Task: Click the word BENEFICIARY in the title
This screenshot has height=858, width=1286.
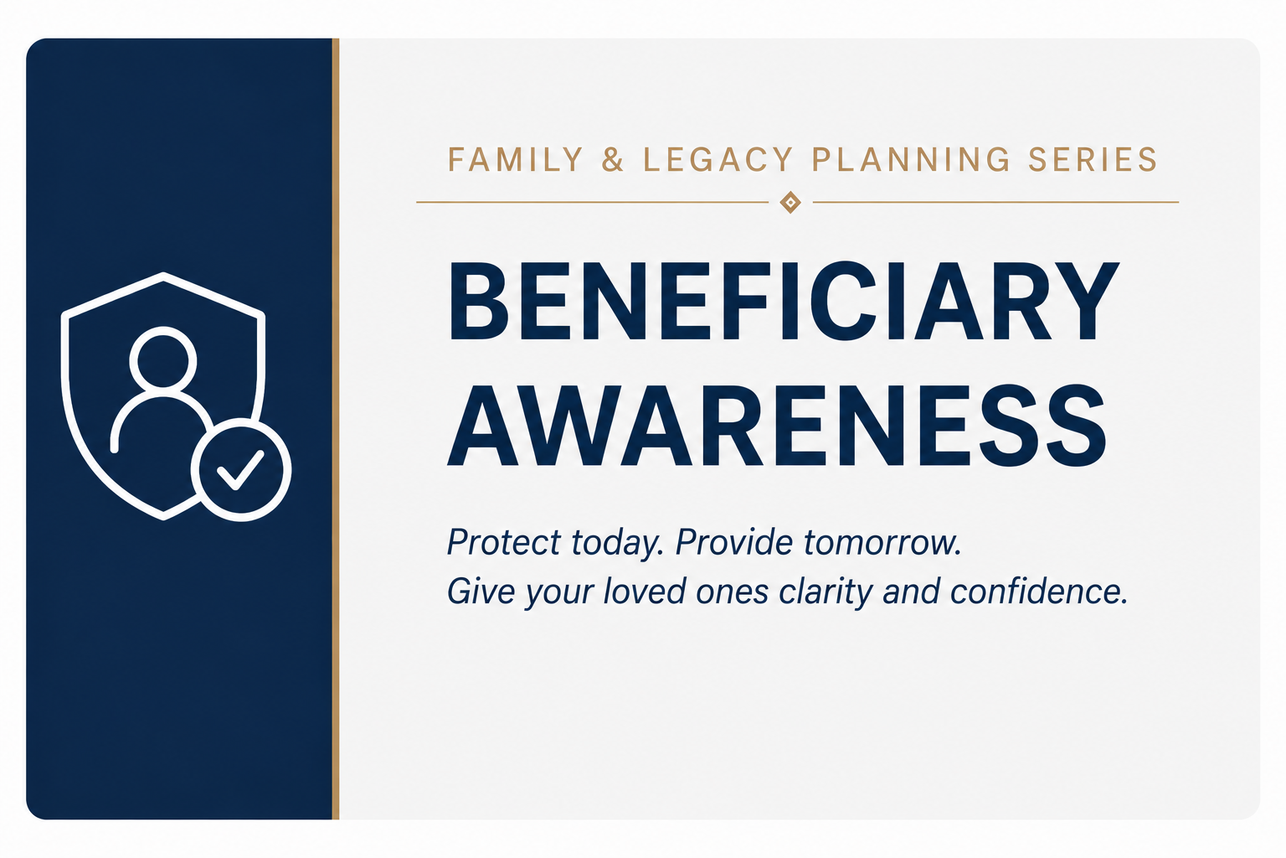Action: [x=784, y=302]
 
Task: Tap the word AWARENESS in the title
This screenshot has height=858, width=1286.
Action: [x=777, y=426]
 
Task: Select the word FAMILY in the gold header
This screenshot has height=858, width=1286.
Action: [x=516, y=160]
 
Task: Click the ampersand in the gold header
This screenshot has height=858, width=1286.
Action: [x=613, y=160]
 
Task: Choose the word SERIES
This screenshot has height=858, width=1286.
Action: [x=1093, y=160]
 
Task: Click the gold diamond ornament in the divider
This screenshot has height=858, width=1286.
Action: [x=790, y=202]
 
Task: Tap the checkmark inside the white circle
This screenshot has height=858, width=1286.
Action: [x=240, y=469]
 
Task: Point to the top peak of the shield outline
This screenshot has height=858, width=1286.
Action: [x=163, y=275]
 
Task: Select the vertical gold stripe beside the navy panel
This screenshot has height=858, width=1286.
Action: [x=335, y=429]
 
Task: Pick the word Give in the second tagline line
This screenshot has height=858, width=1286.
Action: [x=481, y=592]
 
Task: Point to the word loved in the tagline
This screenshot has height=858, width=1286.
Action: [x=645, y=592]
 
